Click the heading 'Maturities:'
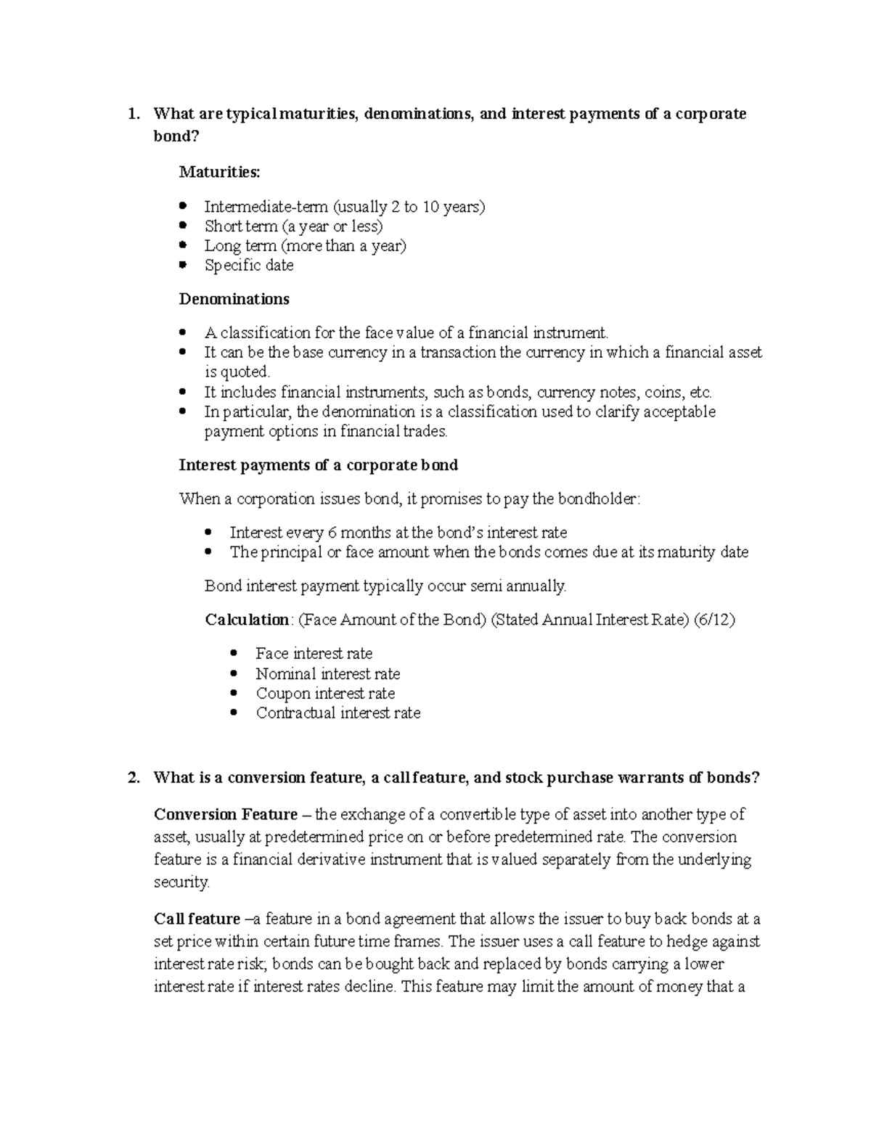click(x=218, y=173)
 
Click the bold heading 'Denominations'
click(x=234, y=299)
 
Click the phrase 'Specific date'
click(x=249, y=266)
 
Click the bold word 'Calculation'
click(x=247, y=620)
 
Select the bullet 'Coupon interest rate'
click(x=325, y=693)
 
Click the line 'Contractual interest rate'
click(x=338, y=713)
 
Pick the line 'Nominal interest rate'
click(x=327, y=673)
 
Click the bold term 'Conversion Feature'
click(x=226, y=814)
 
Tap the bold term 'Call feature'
click(x=197, y=919)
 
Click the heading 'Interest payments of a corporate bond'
click(x=318, y=465)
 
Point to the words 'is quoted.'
click(x=237, y=372)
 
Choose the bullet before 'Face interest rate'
click(x=233, y=653)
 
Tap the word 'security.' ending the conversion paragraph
click(x=181, y=882)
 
